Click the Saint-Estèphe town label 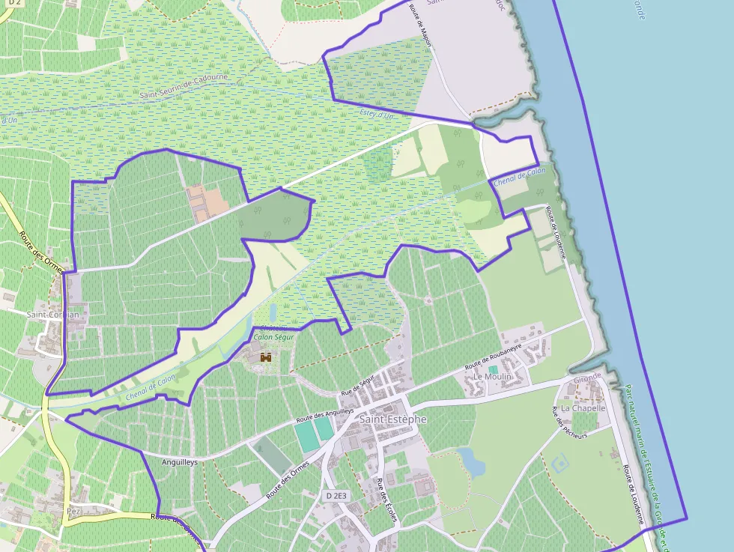(x=392, y=419)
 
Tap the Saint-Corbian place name (x=52, y=315)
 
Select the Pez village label (x=73, y=511)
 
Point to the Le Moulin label (x=493, y=377)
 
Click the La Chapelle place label (x=583, y=409)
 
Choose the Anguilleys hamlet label (x=180, y=462)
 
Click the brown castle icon (x=265, y=358)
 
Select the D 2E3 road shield (x=337, y=496)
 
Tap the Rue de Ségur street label (x=357, y=386)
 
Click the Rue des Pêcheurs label (x=569, y=423)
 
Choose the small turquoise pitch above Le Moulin (x=493, y=369)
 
